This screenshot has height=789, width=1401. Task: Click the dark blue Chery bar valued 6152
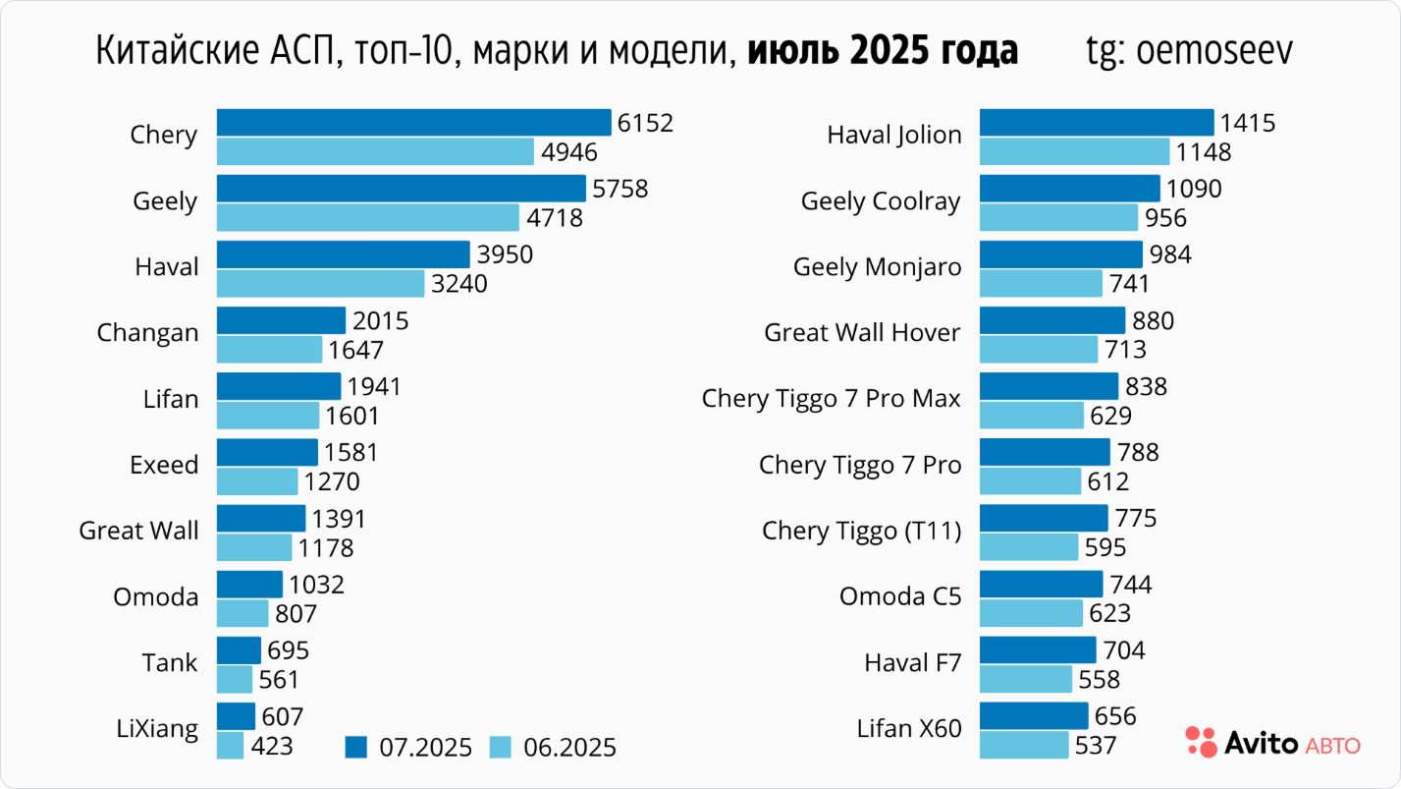pyautogui.click(x=413, y=123)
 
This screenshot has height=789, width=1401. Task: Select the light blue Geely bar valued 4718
pyautogui.click(x=367, y=217)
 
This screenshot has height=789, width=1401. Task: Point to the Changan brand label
pyautogui.click(x=147, y=333)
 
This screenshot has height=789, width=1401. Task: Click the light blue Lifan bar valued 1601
pyautogui.click(x=268, y=416)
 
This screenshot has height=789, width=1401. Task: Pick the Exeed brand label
pyautogui.click(x=164, y=465)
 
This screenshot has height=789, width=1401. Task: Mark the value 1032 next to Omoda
pyautogui.click(x=316, y=585)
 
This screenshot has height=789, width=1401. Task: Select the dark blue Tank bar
pyautogui.click(x=239, y=650)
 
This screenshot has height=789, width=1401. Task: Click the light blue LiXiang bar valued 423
pyautogui.click(x=230, y=745)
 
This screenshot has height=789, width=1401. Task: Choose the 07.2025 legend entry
pyautogui.click(x=412, y=748)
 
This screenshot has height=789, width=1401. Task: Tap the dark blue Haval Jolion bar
pyautogui.click(x=1097, y=123)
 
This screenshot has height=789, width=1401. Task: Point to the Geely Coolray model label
pyautogui.click(x=881, y=201)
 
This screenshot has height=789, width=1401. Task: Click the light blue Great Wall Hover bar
pyautogui.click(x=1039, y=349)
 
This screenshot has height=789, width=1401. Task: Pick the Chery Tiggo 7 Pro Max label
pyautogui.click(x=831, y=399)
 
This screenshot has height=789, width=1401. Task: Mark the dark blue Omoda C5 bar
pyautogui.click(x=1041, y=585)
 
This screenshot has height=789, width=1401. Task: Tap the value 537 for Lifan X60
pyautogui.click(x=1096, y=745)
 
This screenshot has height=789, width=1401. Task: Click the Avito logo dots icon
pyautogui.click(x=1200, y=742)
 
